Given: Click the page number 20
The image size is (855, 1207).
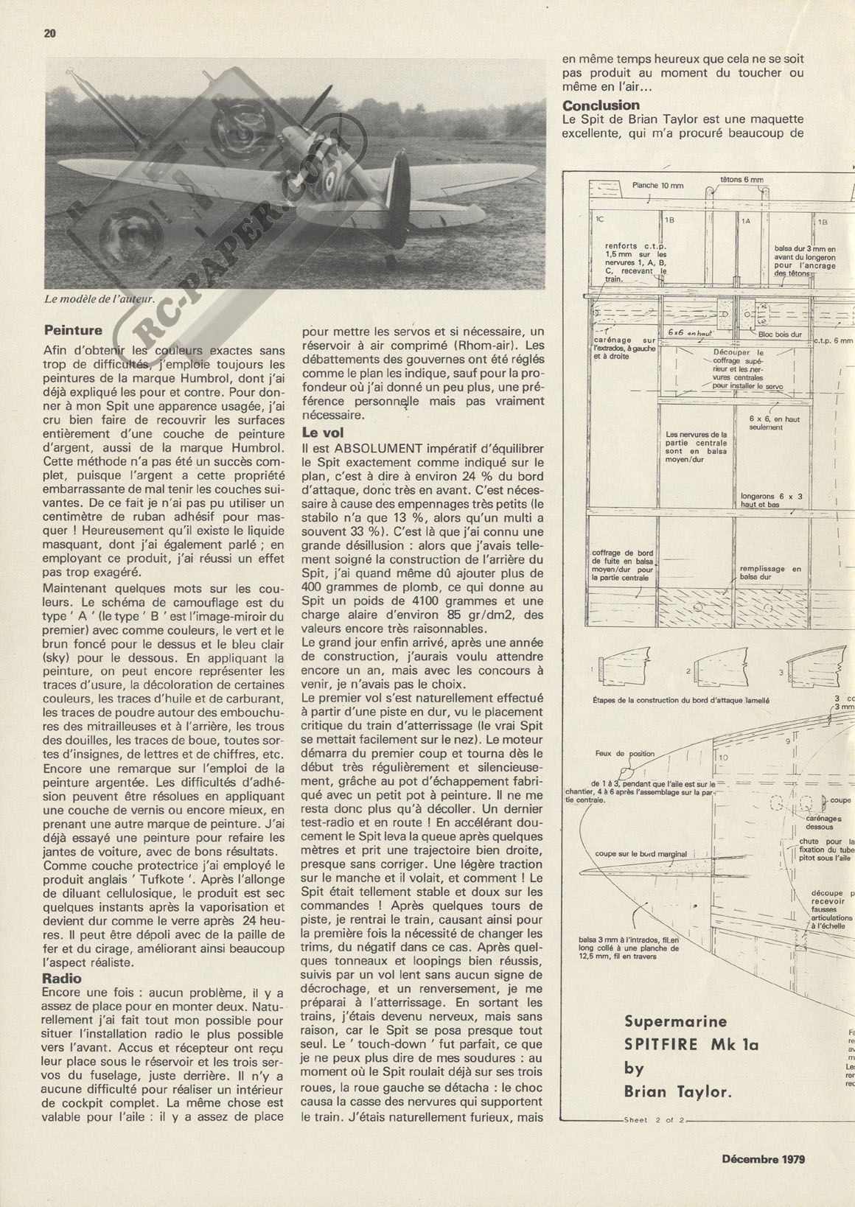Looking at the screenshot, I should [50, 33].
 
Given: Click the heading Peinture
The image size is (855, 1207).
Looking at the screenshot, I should [73, 330].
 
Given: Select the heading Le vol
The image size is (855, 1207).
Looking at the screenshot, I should [324, 433].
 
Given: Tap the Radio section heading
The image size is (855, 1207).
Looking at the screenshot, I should [63, 979].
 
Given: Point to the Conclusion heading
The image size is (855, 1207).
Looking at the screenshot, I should [601, 105].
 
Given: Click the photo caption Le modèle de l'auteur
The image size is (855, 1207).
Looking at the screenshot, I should [100, 299].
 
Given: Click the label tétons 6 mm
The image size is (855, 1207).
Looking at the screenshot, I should [741, 179].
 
